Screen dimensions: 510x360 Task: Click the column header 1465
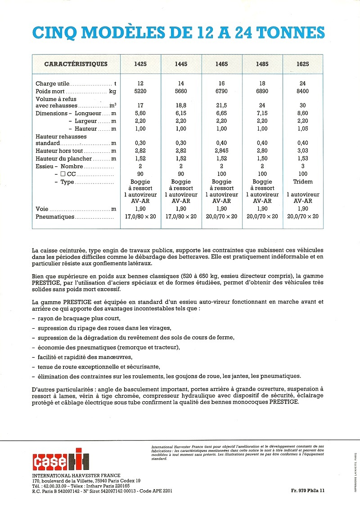(221, 64)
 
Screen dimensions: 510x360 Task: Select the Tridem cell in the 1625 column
(303, 182)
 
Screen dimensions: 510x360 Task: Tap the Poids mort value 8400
(303, 91)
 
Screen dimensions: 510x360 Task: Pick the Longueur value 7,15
(262, 114)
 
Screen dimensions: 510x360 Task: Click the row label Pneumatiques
(54, 216)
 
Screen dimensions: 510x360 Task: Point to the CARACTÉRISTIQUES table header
(76, 64)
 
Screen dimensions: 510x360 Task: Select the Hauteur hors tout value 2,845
(221, 151)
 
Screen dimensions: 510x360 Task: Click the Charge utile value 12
(140, 83)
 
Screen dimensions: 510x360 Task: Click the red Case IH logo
(61, 459)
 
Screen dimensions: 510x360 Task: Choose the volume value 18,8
(181, 106)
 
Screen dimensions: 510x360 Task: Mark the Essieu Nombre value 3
(303, 166)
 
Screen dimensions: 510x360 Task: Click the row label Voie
(42, 209)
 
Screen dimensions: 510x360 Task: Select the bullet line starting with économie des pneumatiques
(106, 347)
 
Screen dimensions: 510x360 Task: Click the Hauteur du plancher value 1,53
(303, 158)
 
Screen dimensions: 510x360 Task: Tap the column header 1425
(140, 64)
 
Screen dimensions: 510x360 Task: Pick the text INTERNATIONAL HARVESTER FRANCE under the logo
(76, 476)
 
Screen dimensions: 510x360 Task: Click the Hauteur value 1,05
(303, 129)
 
